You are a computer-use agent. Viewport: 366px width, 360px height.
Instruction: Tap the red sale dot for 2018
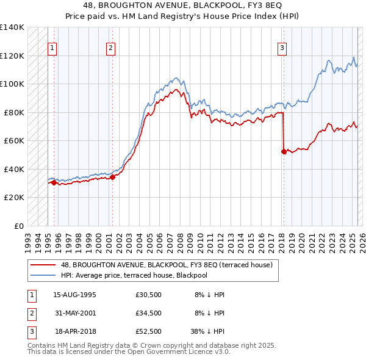284,151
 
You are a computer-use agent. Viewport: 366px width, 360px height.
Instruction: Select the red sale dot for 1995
54,182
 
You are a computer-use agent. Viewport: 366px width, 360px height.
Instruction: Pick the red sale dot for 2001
112,177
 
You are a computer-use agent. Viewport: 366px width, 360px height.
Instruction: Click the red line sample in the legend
44,264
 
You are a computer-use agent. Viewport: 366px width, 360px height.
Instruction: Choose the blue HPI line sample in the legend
44,275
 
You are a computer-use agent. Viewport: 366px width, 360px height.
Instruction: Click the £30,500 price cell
148,295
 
